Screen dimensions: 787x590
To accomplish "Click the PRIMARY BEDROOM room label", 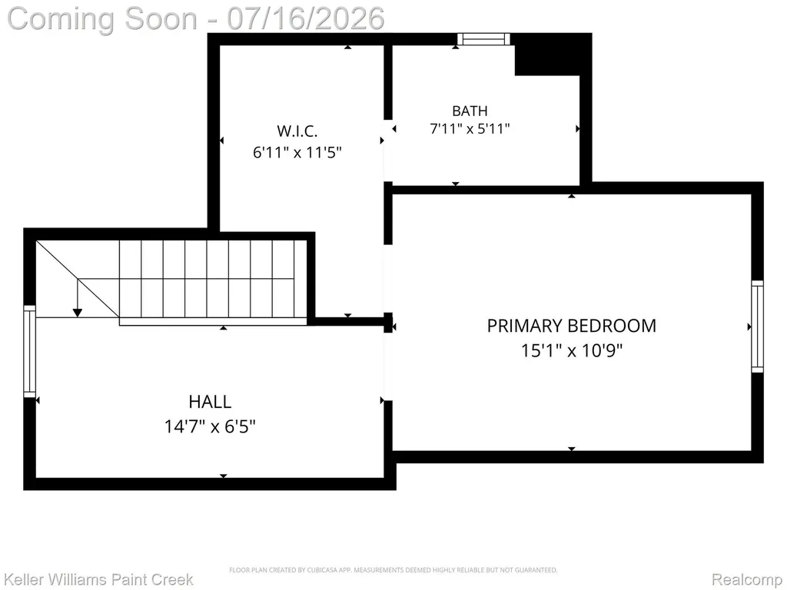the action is click(571, 326).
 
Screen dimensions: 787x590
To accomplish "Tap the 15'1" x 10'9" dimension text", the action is click(571, 350).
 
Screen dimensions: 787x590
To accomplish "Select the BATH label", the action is click(470, 111).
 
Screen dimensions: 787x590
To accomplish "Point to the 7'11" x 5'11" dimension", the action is click(470, 128).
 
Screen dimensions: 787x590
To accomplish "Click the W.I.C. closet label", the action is click(297, 131).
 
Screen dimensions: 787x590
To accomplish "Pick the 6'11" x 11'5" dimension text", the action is click(297, 151).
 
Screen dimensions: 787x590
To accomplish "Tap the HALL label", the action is click(210, 401).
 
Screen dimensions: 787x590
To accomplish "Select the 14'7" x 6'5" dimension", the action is click(210, 426).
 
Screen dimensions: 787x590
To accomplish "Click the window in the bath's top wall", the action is click(484, 39).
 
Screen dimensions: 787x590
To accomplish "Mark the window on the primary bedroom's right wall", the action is click(757, 326).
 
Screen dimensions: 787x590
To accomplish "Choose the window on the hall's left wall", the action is click(30, 351).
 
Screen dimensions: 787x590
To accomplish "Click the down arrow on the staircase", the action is click(78, 298).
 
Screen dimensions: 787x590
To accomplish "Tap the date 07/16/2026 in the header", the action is click(306, 18).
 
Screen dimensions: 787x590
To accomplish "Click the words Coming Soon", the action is click(102, 18).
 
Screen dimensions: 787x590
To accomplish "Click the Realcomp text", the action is click(747, 579).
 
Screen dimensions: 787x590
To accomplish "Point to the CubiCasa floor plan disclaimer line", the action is click(393, 570).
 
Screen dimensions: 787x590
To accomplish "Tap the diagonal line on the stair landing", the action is click(78, 279).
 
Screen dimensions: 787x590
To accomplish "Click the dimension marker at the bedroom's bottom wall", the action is click(572, 449).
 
